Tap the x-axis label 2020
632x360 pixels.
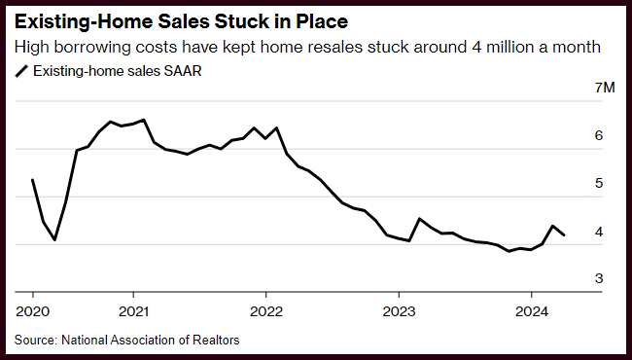(x=33, y=311)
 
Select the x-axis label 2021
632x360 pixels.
(x=133, y=311)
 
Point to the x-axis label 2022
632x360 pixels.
(x=266, y=311)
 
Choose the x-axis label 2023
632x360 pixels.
(x=399, y=311)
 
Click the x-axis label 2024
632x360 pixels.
(x=532, y=311)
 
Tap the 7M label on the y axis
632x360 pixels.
(x=605, y=88)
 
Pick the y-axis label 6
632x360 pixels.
(x=599, y=135)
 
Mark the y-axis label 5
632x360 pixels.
(x=599, y=183)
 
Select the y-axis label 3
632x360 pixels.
(x=599, y=278)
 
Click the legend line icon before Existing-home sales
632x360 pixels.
(x=21, y=71)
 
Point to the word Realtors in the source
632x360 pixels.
(x=216, y=340)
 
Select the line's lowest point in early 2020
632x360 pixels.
(x=54, y=240)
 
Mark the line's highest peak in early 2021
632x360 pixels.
(x=144, y=120)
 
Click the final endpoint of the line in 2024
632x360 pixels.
(x=564, y=235)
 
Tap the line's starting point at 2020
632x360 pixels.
(x=32, y=179)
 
